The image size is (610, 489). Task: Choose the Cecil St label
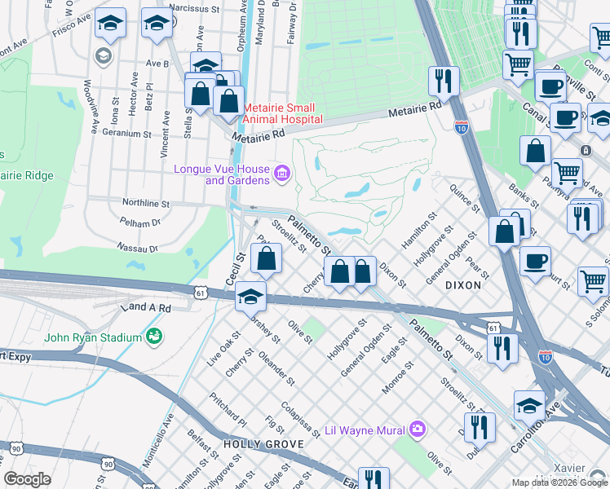point(236,268)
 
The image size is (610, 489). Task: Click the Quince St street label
point(462,198)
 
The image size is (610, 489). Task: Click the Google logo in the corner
point(28,478)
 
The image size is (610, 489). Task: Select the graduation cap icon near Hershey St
point(251,298)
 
